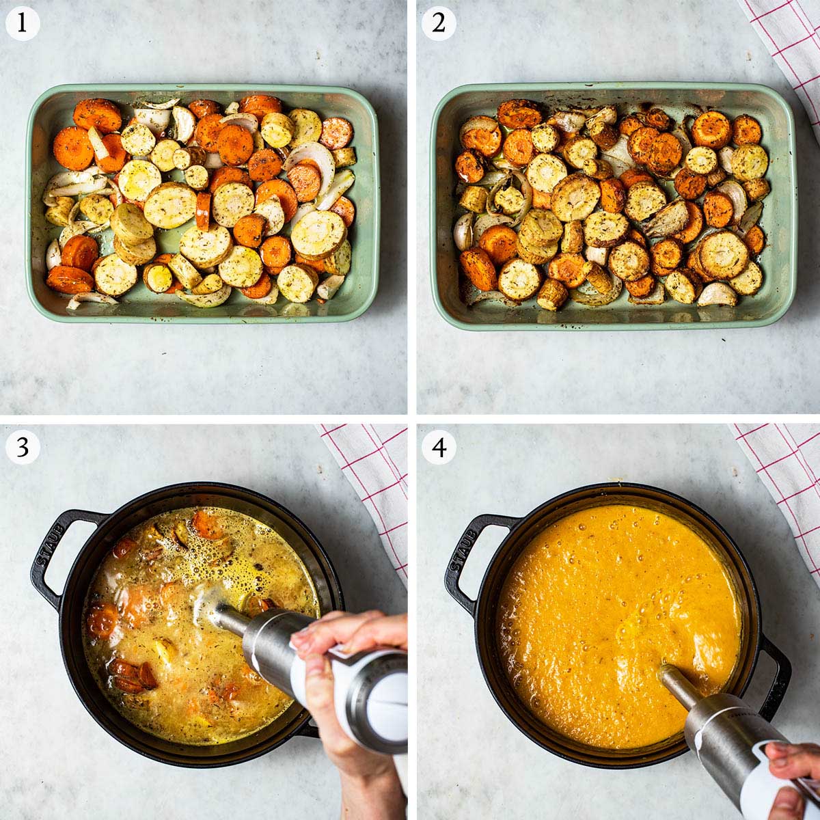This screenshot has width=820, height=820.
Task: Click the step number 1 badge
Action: [23, 23]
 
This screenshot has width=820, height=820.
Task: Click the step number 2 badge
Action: [439, 23]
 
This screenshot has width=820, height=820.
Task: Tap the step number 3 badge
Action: [23, 448]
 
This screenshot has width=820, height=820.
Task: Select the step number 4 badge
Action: [439, 448]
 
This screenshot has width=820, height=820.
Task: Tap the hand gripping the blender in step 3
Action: [335, 656]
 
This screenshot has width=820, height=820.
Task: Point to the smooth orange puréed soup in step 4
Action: [601, 601]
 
